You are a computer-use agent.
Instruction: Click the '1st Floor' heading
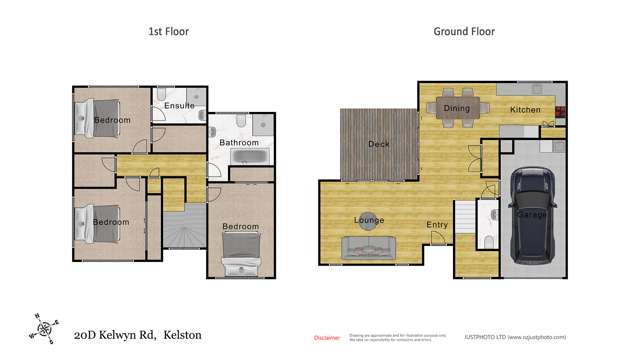168,31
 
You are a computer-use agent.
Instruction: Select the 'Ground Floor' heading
463,31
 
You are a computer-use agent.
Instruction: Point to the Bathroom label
240,142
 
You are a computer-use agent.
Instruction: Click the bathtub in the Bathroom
240,158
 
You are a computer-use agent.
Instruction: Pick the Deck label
379,143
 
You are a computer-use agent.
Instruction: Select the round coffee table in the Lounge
367,220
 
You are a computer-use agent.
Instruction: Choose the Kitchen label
525,109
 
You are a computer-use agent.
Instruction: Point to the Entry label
437,224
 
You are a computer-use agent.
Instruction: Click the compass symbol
43,326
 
